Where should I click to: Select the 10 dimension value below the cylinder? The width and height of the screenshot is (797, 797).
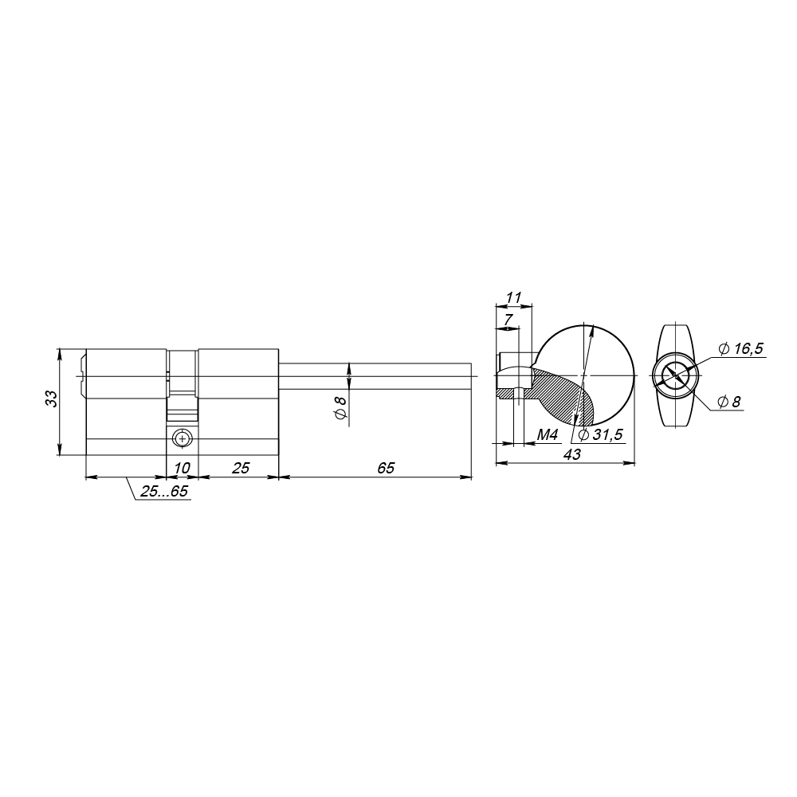click(x=182, y=468)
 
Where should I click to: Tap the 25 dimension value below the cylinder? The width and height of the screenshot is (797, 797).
click(x=241, y=468)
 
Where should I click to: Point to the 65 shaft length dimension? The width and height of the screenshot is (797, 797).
click(x=386, y=468)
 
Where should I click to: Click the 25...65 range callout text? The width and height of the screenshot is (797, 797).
click(x=164, y=491)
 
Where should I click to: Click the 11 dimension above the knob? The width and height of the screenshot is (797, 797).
click(x=514, y=297)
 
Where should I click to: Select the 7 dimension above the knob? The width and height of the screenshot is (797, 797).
click(x=508, y=320)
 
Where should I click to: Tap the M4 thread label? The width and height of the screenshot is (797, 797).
click(x=548, y=434)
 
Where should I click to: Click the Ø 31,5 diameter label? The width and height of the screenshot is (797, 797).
click(x=600, y=434)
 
